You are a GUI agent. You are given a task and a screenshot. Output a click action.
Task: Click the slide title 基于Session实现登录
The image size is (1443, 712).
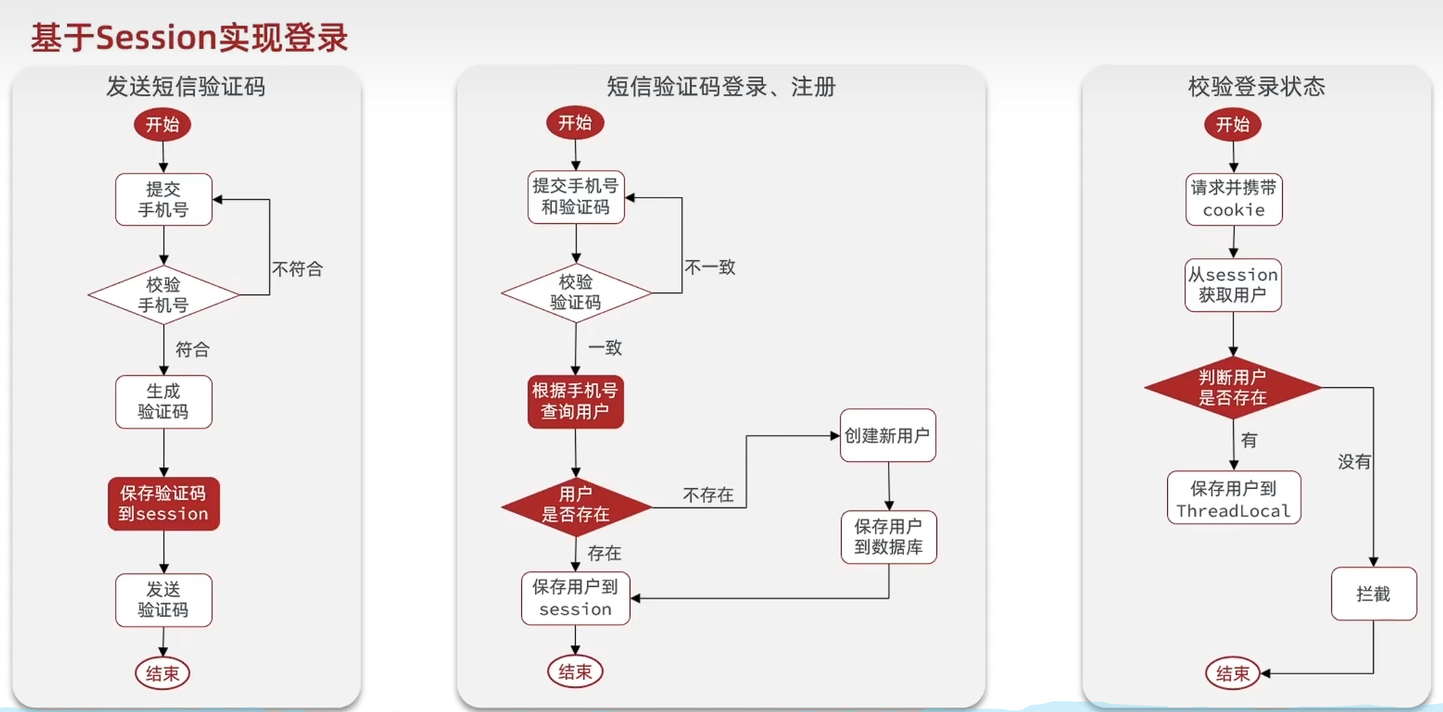click(189, 38)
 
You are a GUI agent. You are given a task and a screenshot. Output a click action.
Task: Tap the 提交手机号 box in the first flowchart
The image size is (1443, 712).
click(163, 200)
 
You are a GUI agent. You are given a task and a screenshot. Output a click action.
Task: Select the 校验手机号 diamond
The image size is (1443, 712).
click(163, 294)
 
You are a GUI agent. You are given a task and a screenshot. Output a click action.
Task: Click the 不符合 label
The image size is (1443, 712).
click(297, 270)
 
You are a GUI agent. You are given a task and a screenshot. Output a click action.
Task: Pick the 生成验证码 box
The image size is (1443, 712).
click(163, 401)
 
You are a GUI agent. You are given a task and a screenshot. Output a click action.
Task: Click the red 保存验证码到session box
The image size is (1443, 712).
click(163, 504)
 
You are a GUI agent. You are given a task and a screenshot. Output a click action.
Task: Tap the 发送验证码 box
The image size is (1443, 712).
click(163, 600)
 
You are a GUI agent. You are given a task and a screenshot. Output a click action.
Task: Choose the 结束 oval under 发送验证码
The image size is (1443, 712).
click(163, 673)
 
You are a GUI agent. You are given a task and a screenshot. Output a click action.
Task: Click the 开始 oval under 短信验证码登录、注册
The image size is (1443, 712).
click(575, 123)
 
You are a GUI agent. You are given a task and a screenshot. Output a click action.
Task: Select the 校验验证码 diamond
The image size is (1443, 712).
click(576, 292)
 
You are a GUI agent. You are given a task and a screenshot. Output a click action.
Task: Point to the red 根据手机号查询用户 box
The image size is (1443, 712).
click(575, 401)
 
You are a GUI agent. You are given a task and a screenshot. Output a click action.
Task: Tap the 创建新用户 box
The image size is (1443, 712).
click(887, 436)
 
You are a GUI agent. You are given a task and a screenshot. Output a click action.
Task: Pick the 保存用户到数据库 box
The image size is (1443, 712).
click(888, 537)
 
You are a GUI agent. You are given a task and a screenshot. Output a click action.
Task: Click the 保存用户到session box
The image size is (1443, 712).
click(575, 598)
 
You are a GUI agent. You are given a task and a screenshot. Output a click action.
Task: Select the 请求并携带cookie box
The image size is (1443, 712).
click(1234, 199)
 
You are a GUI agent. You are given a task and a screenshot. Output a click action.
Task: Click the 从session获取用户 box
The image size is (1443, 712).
click(1233, 285)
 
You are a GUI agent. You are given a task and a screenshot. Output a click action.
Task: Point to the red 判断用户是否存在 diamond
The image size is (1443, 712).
click(1232, 387)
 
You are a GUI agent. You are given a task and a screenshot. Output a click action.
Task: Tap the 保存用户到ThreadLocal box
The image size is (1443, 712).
click(1234, 498)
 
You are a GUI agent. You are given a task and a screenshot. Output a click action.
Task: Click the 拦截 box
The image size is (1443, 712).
click(1373, 594)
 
